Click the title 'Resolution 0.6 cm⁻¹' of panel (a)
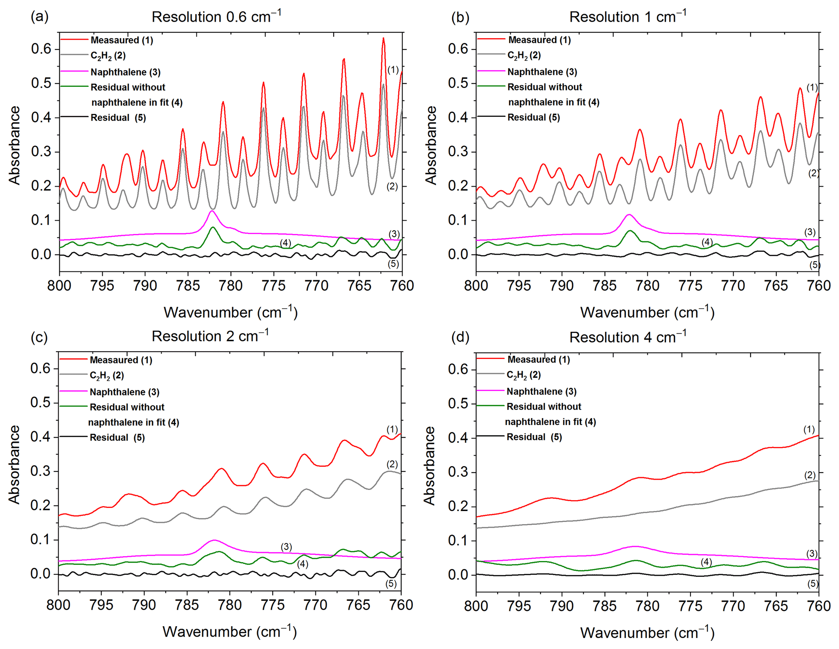pyautogui.click(x=216, y=17)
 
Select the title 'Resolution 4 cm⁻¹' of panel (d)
pyautogui.click(x=628, y=337)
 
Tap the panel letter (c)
pyautogui.click(x=39, y=337)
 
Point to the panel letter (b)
pyautogui.click(x=460, y=17)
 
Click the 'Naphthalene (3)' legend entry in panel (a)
pyautogui.click(x=125, y=72)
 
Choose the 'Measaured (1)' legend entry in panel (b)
pyautogui.click(x=539, y=40)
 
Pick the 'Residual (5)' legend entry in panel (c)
pyautogui.click(x=117, y=438)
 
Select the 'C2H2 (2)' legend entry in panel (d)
pyautogui.click(x=523, y=375)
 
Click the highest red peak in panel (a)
pyautogui.click(x=383, y=39)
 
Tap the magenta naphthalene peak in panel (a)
pyautogui.click(x=212, y=211)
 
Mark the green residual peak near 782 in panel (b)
pyautogui.click(x=630, y=231)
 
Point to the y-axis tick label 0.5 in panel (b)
pyautogui.click(x=458, y=83)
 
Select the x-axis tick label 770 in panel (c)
pyautogui.click(x=315, y=605)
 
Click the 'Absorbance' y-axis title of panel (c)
pyautogui.click(x=15, y=464)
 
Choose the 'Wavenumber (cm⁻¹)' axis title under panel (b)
pyautogui.click(x=647, y=312)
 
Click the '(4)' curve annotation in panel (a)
pyautogui.click(x=285, y=243)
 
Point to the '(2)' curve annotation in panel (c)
pyautogui.click(x=392, y=464)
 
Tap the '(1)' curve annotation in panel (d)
pyautogui.click(x=809, y=429)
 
